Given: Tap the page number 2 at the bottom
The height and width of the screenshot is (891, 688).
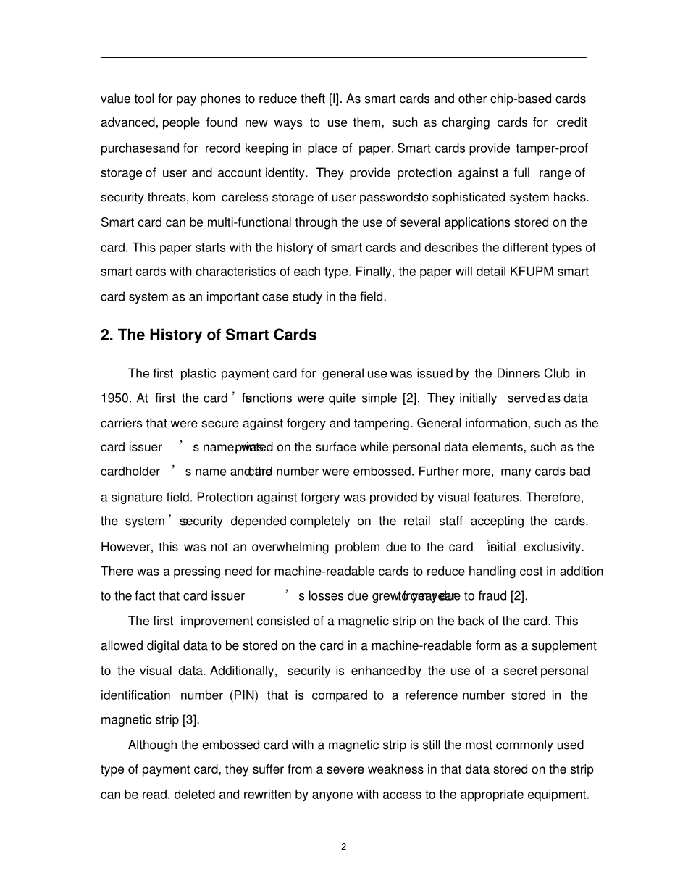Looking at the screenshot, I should (x=344, y=847).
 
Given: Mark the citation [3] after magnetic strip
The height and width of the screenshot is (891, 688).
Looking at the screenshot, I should (x=190, y=720).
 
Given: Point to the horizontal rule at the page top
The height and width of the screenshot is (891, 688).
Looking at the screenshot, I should (x=343, y=57).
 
